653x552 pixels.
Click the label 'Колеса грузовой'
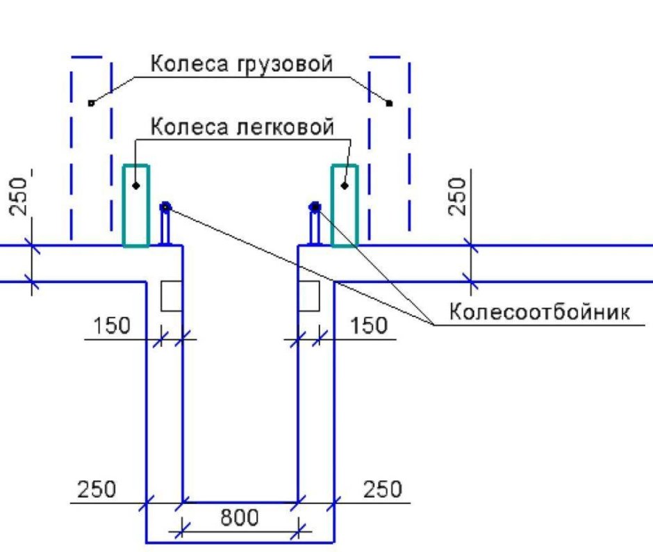click(x=242, y=65)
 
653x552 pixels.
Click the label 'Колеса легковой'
click(x=242, y=127)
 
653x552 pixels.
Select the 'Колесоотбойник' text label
click(x=539, y=311)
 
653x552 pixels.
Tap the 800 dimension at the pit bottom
click(x=240, y=518)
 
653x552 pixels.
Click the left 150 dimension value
click(x=112, y=325)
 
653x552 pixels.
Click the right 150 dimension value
click(x=369, y=325)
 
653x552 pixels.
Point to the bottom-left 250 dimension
click(x=97, y=489)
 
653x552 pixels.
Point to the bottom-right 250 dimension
click(x=383, y=489)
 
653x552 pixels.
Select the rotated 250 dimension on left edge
click(x=22, y=197)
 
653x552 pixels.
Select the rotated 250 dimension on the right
click(x=458, y=197)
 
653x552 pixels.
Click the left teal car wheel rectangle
click(x=135, y=206)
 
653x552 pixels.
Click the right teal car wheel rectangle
click(x=345, y=206)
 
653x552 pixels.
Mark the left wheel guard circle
click(x=165, y=206)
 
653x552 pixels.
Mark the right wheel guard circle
click(x=315, y=206)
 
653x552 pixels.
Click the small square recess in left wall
click(x=171, y=296)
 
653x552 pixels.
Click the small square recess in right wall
click(x=309, y=296)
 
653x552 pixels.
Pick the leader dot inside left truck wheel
click(x=91, y=103)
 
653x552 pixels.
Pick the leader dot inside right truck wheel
click(x=390, y=103)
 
